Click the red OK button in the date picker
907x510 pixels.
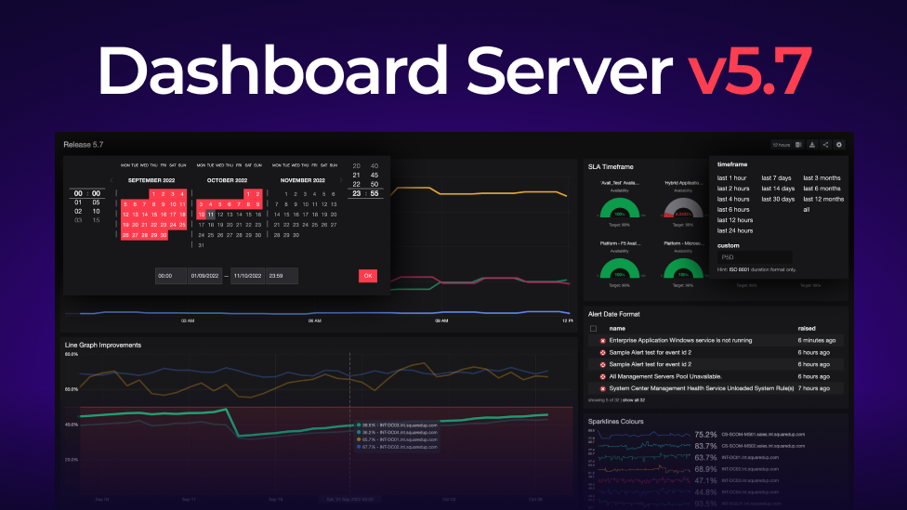368,276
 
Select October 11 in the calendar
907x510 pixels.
211,214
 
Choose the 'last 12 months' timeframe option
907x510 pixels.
823,199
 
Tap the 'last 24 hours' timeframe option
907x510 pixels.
735,230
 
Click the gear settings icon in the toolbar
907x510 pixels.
839,145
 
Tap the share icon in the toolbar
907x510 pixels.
825,145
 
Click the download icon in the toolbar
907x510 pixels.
812,145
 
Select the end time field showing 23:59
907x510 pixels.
281,276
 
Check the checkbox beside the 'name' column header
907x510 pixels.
594,328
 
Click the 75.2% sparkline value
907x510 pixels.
705,435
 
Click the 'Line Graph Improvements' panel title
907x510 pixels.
102,345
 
